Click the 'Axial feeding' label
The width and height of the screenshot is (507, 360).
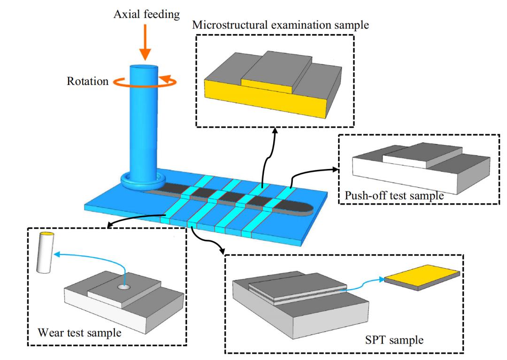click(x=146, y=15)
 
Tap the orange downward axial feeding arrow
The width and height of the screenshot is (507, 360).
click(x=145, y=42)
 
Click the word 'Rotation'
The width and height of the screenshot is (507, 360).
click(x=88, y=81)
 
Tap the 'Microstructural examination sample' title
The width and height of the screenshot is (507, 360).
click(x=280, y=25)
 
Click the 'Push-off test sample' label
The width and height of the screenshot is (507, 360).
click(x=394, y=196)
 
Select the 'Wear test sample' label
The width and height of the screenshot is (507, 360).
click(x=79, y=332)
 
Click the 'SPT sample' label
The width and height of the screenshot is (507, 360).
click(x=394, y=340)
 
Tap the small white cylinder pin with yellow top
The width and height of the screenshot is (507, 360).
click(x=45, y=253)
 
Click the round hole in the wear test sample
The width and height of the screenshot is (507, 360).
click(x=124, y=287)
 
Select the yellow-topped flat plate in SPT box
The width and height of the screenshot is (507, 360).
click(x=422, y=277)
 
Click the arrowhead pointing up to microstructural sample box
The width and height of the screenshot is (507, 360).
click(x=275, y=130)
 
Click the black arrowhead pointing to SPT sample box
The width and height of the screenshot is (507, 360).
click(x=222, y=251)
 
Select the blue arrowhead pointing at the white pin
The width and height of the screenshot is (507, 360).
click(x=57, y=254)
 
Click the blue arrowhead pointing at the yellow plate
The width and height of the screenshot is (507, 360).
click(x=381, y=279)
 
